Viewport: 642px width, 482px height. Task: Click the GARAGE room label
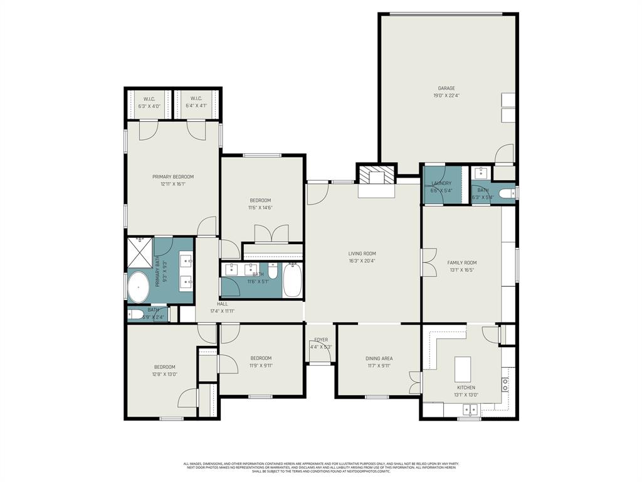[x=446, y=88]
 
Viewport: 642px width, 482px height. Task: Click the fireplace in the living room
[x=377, y=178]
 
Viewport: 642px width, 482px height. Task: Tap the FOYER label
[x=321, y=340]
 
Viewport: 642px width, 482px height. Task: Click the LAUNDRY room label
[x=441, y=183]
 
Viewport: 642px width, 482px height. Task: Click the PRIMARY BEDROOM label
[x=173, y=177]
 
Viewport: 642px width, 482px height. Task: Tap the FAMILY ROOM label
[x=461, y=263]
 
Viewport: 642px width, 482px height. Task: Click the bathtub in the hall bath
[x=293, y=281]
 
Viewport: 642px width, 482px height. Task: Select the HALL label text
[x=223, y=304]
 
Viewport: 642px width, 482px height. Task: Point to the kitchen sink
[x=468, y=410]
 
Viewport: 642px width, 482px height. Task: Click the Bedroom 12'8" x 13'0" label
[x=165, y=367]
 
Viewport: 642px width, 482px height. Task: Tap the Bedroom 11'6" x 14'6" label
[x=260, y=200]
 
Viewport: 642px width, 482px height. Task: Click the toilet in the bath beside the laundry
[x=507, y=193]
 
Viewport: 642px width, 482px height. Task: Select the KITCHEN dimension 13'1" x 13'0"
[x=465, y=395]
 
